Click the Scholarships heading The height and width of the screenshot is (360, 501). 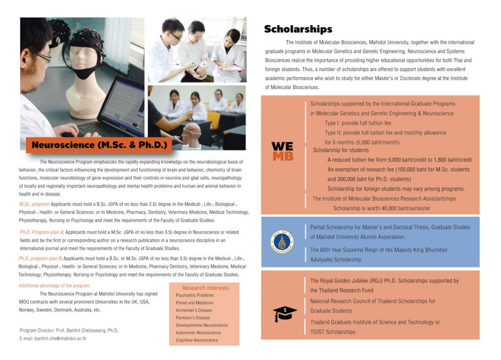click(298, 29)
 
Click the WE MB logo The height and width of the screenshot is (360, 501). click(282, 151)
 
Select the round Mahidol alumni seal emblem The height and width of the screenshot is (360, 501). click(282, 242)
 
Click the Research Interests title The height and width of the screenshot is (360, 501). click(205, 288)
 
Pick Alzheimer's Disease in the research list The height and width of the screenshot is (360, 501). click(194, 310)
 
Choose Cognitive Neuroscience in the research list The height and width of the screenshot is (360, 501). click(197, 340)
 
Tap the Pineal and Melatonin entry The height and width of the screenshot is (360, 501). click(195, 303)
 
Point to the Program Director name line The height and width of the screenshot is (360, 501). click(69, 330)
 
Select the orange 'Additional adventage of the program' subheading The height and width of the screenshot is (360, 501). click(54, 286)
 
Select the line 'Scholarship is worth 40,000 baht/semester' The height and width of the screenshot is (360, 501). click(382, 208)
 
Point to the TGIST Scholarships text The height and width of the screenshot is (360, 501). click(333, 332)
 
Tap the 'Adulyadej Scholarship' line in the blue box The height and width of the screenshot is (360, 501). click(335, 259)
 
